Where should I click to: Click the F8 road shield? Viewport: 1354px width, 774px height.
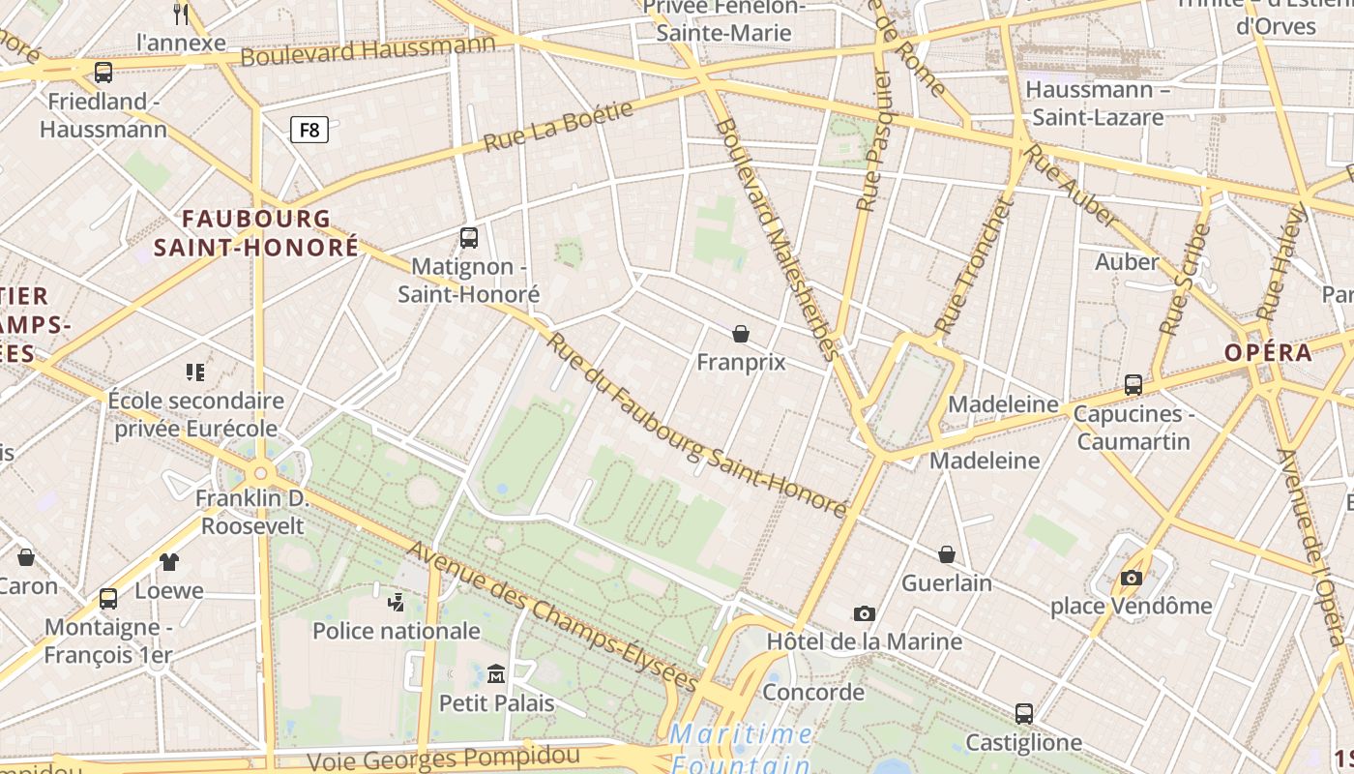309,130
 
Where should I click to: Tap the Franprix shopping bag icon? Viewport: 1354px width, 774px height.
741,334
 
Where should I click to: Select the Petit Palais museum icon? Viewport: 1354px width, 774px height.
496,673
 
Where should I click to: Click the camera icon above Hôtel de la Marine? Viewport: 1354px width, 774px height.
865,613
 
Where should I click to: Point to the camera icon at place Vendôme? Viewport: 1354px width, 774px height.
1131,578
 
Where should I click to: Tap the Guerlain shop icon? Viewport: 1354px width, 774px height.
947,554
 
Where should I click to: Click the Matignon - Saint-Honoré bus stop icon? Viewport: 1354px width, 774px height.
469,237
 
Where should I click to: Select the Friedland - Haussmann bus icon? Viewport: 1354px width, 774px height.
103,72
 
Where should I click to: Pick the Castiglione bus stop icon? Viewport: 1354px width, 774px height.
1024,714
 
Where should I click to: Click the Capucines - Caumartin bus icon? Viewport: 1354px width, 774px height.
1133,384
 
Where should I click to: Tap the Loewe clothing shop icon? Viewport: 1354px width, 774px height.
169,561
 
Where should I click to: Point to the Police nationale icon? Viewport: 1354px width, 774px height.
396,603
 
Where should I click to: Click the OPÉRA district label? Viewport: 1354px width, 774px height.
1268,352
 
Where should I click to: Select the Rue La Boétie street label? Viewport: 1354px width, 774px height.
559,126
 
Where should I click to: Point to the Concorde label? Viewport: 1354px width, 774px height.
813,692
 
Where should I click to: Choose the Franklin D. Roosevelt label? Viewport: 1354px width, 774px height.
250,513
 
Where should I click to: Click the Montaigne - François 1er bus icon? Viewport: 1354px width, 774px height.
108,598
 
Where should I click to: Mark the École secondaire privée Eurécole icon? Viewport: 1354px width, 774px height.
195,372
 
